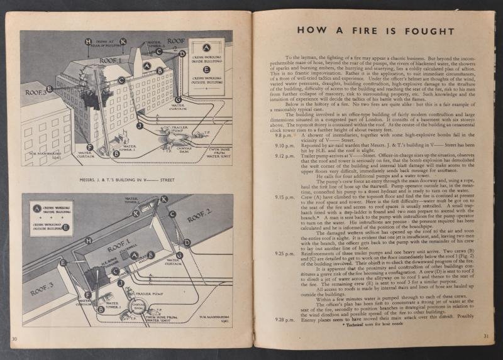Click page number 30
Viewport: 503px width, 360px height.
pyautogui.click(x=14, y=339)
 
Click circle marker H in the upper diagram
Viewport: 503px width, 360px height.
pyautogui.click(x=88, y=42)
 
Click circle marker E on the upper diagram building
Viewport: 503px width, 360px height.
pyautogui.click(x=50, y=89)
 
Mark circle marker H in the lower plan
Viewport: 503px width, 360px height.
pyautogui.click(x=88, y=241)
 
